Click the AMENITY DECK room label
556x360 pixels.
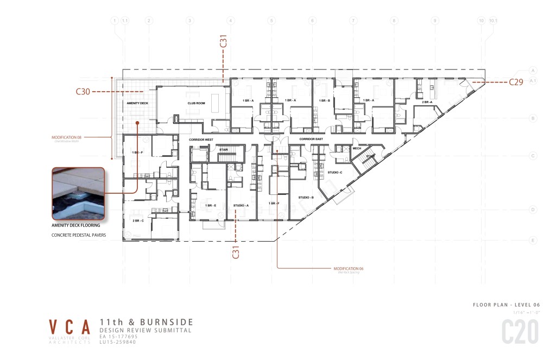(137, 103)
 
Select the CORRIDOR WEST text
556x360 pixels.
(200, 140)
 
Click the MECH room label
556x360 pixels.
(357, 148)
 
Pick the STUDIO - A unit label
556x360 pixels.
(241, 205)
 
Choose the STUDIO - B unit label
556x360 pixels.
(306, 198)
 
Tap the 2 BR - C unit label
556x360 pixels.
(138, 220)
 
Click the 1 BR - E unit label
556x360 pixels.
(211, 205)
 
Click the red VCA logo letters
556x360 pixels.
(70, 327)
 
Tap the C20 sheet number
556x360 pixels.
(520, 331)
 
